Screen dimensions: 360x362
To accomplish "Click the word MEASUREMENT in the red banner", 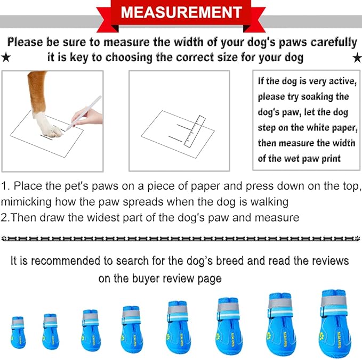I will (181, 12).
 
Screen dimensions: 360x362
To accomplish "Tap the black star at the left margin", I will (5, 57).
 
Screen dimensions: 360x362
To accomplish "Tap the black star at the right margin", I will (356, 57).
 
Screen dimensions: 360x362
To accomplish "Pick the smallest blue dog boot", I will (18, 333).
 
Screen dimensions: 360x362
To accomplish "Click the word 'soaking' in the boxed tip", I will (330, 96).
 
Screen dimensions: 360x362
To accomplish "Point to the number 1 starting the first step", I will (4, 186).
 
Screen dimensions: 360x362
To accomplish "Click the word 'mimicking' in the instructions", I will (25, 202).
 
